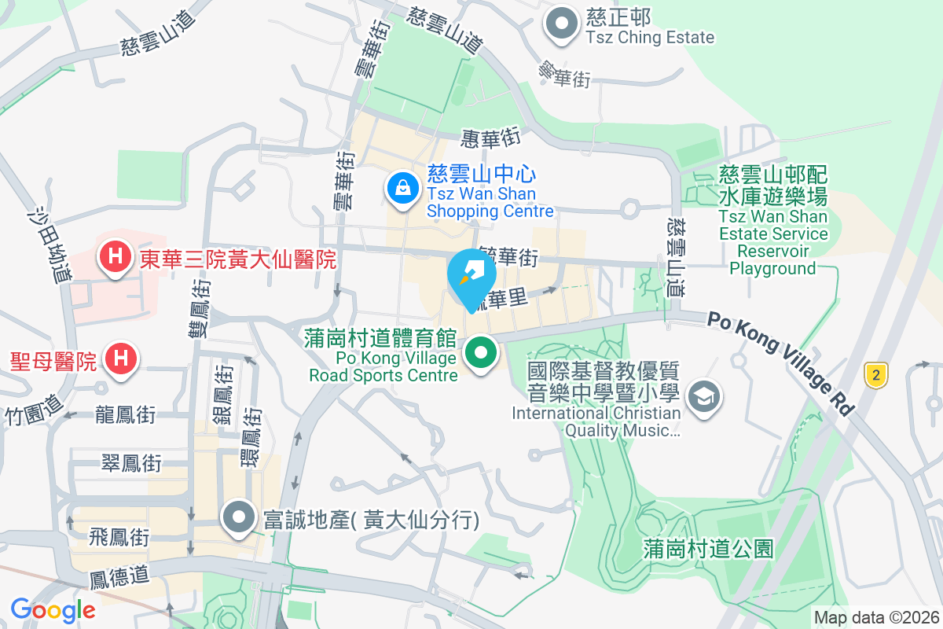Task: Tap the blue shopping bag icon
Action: click(x=402, y=189)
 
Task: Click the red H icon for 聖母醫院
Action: click(x=120, y=359)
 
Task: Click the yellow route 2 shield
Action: click(x=875, y=374)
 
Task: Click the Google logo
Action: click(x=53, y=609)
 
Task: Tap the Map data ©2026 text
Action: click(x=875, y=617)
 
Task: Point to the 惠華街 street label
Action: click(x=491, y=138)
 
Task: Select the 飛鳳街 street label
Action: click(x=119, y=538)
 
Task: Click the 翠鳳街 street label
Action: click(x=131, y=464)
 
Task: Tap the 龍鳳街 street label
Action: click(x=125, y=414)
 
